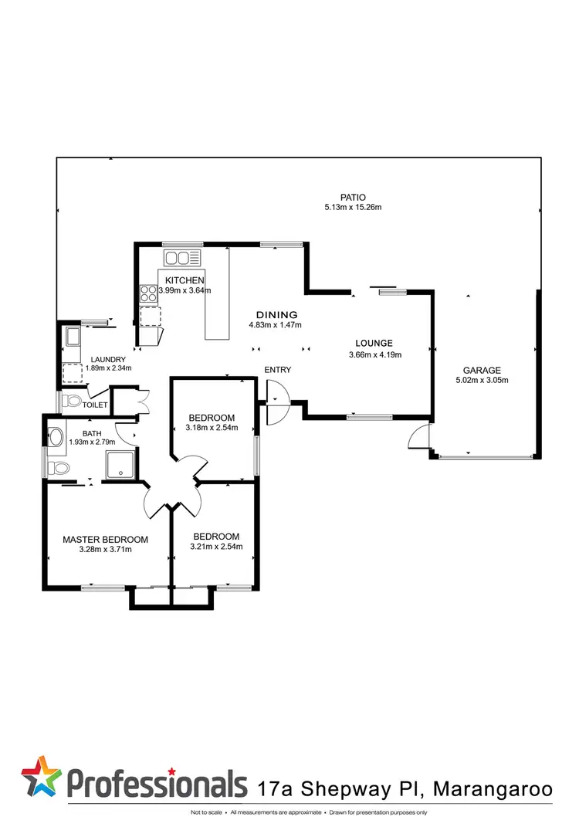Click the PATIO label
pos(355,197)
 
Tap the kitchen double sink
pos(182,257)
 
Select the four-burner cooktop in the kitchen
pos(148,293)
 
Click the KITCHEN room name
pos(184,280)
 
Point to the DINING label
pos(277,315)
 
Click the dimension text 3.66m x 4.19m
pos(374,355)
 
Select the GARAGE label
pos(482,370)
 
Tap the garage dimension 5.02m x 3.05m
pos(482,380)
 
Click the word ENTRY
pos(278,370)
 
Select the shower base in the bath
pos(121,463)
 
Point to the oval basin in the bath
pos(56,437)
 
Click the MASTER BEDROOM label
pos(105,540)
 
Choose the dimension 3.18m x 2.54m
pos(212,428)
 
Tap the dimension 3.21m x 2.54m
pos(216,547)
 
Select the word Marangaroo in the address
pos(493,788)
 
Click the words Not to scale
pos(208,812)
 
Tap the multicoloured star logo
pos(42,778)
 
